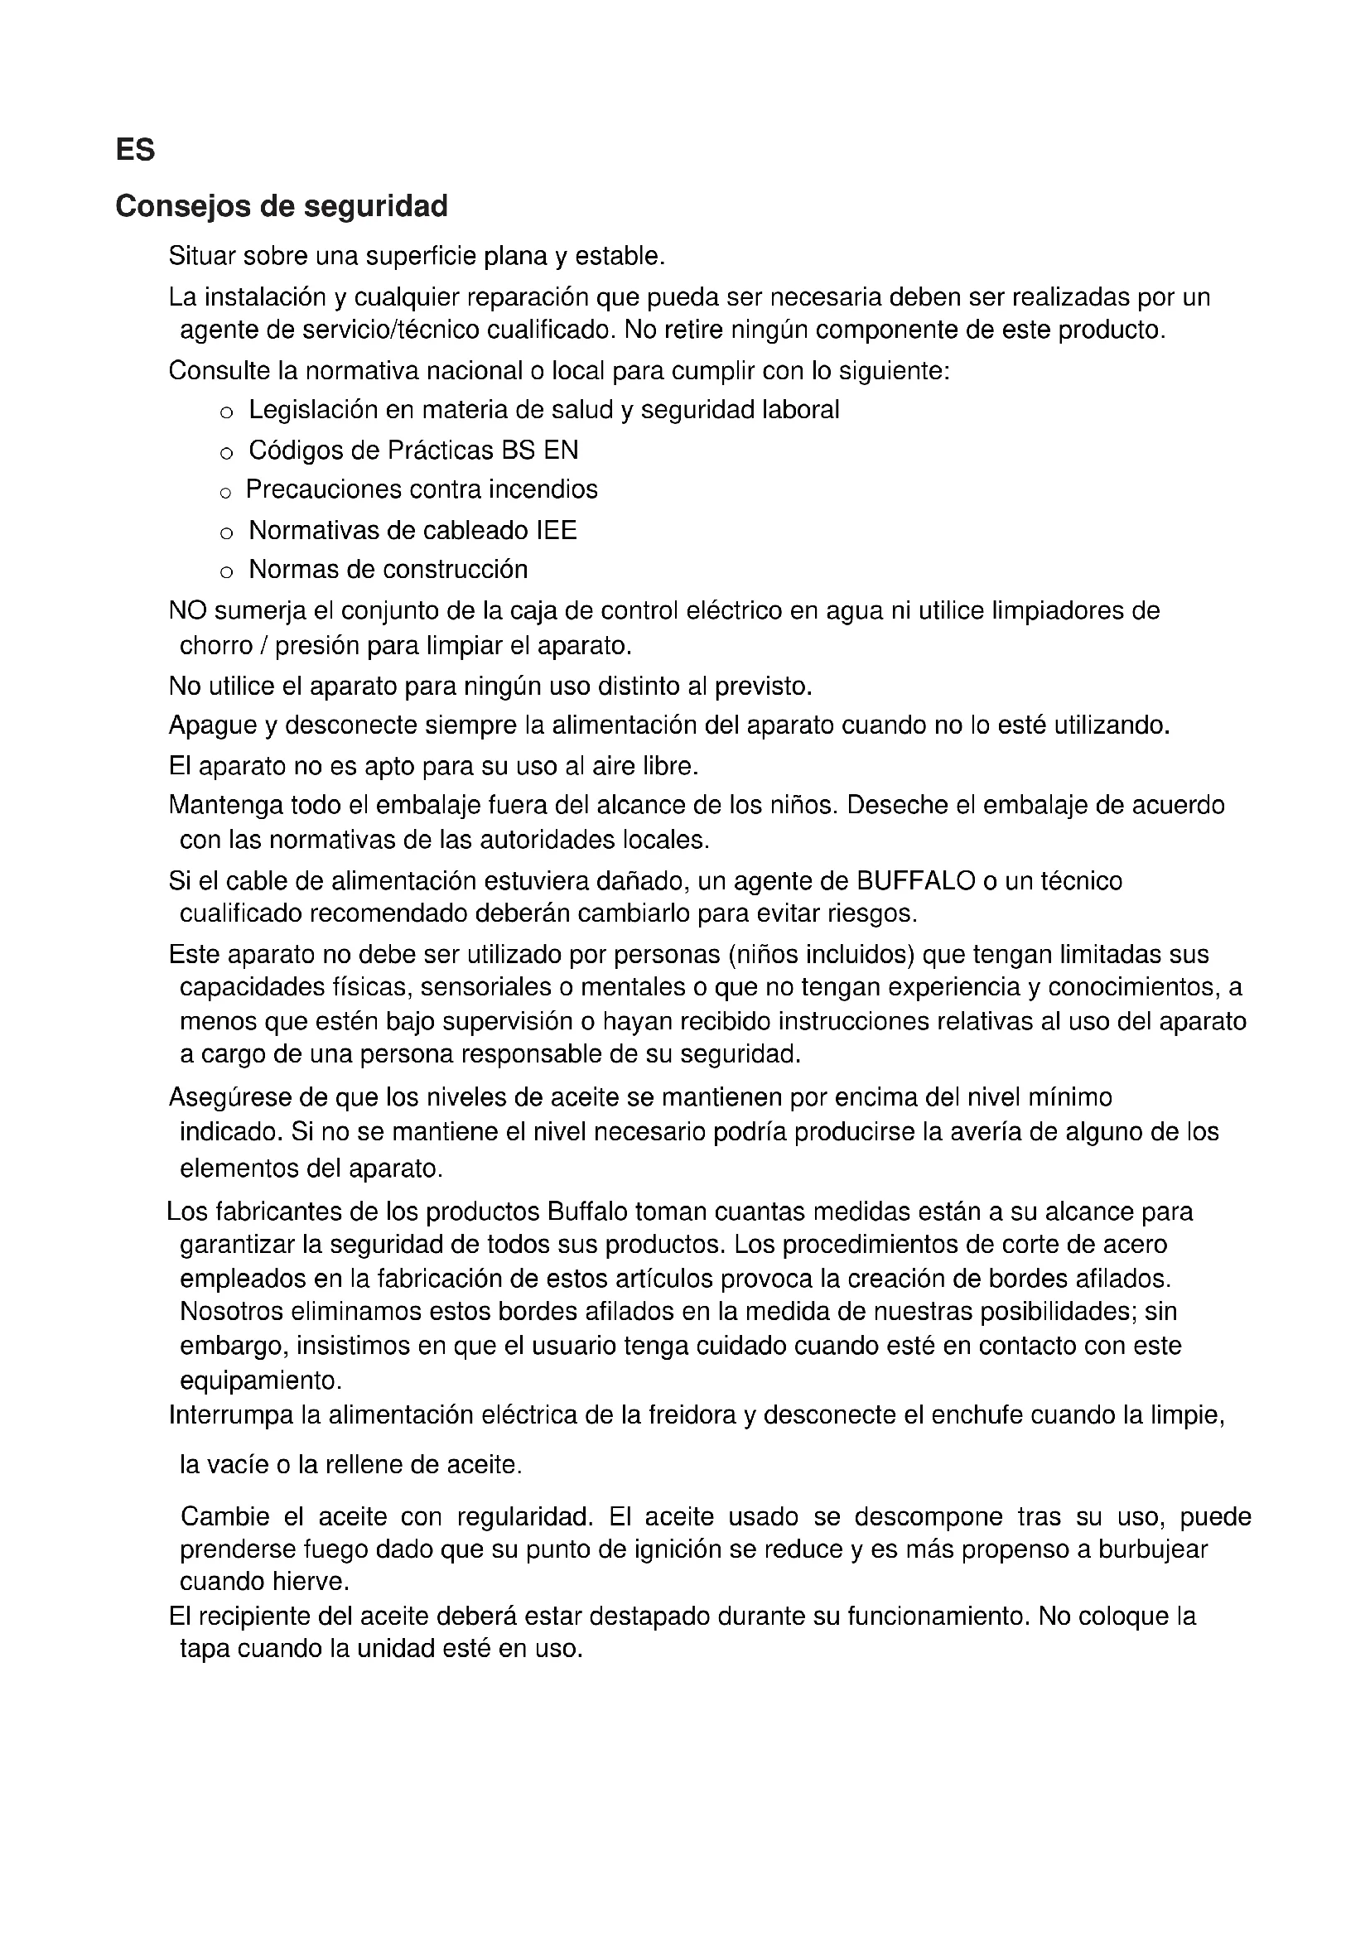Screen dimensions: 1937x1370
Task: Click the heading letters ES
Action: tap(135, 150)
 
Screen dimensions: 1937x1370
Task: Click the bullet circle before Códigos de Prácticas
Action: tap(225, 453)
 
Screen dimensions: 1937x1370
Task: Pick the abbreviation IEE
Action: tap(556, 531)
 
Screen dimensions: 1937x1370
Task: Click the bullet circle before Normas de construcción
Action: tap(225, 572)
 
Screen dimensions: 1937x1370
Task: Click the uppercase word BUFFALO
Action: tap(915, 882)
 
